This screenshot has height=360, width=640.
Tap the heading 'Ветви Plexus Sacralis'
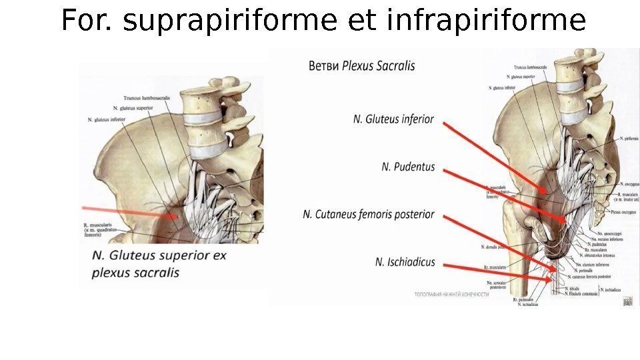pos(361,66)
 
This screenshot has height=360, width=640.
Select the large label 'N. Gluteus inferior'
pos(393,119)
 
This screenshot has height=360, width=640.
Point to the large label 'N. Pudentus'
pos(408,167)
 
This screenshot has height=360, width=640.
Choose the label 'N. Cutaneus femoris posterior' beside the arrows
pos(368,215)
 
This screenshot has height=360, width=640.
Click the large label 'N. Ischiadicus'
pos(405,263)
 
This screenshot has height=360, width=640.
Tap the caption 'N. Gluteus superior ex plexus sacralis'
pos(159,264)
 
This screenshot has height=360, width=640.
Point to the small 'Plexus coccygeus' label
pos(624,211)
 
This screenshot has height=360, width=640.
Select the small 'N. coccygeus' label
pos(629,183)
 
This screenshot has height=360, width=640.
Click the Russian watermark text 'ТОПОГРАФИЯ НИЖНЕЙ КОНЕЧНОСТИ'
pos(451,294)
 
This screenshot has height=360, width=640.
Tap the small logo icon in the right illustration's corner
pos(627,301)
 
